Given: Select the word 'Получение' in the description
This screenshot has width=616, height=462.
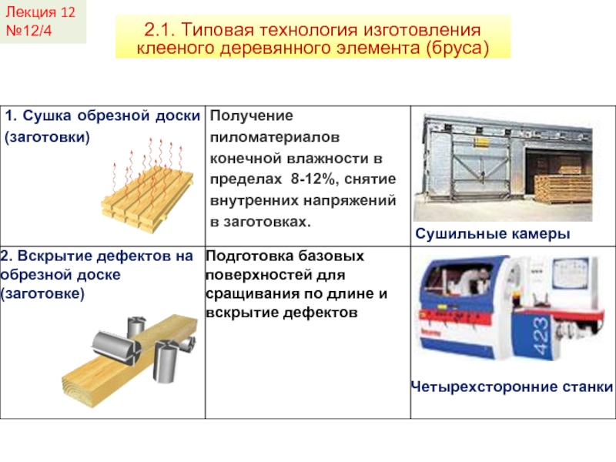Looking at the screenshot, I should [x=252, y=116].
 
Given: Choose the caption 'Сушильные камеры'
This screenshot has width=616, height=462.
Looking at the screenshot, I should [x=494, y=233].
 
